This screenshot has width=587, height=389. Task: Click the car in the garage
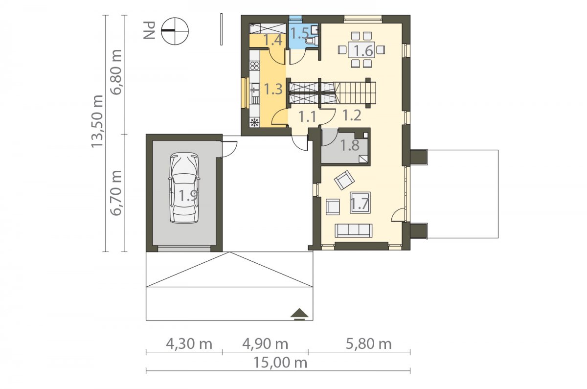[x=184, y=188]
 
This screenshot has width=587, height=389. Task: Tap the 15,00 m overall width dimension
[x=280, y=363]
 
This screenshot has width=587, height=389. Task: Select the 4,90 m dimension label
[x=265, y=344]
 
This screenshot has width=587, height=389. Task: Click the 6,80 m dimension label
[x=116, y=72]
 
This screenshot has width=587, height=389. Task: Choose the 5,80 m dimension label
[x=368, y=344]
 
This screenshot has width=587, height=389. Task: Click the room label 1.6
[x=363, y=50]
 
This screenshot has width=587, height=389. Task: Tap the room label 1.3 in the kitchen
[x=273, y=89]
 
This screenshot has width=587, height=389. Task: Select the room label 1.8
[x=350, y=145]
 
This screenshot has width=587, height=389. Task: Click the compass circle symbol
[x=175, y=31]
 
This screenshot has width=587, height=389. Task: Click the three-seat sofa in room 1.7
[x=354, y=230]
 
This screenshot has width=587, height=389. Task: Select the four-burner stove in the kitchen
[x=254, y=66]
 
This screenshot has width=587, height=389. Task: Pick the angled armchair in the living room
[x=344, y=180]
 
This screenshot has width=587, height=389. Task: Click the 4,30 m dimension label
[x=189, y=344]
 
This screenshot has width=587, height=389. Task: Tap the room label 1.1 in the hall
[x=307, y=116]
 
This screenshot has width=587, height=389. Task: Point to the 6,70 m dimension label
[x=116, y=193]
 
